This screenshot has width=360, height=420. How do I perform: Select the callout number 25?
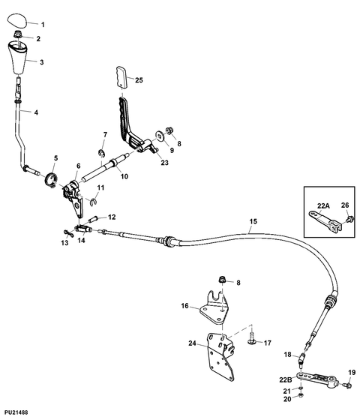[139, 79]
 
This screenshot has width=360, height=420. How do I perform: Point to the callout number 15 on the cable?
[253, 221]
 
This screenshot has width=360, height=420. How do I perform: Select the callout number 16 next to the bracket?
[185, 305]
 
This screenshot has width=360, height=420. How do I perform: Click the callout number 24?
[193, 344]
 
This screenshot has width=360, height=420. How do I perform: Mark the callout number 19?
[352, 372]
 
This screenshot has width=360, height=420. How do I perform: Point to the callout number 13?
[64, 243]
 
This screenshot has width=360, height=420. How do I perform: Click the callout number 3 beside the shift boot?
[41, 62]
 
